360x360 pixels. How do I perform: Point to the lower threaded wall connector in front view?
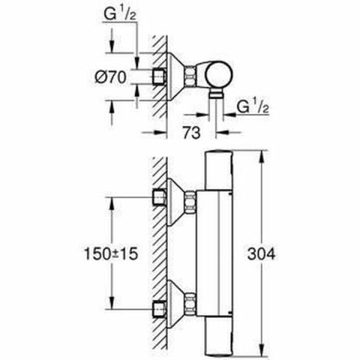point(158,307)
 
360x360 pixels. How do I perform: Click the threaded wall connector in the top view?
point(158,76)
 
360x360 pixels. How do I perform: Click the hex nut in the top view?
point(193,76)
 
